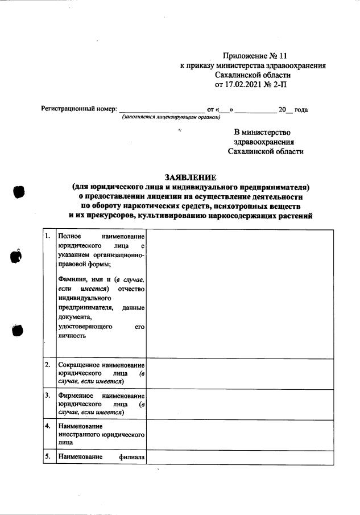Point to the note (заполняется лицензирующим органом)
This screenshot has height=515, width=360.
(171, 117)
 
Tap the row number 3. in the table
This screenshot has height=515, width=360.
(48, 394)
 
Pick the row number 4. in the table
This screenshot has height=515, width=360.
(48, 425)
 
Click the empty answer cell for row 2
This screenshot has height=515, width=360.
(239, 373)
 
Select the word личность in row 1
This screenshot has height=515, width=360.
(72, 336)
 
